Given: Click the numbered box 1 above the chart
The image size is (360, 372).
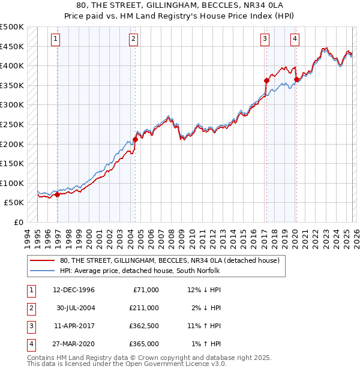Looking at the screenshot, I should pos(55,39).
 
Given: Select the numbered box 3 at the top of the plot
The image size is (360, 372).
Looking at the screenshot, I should pos(265,39).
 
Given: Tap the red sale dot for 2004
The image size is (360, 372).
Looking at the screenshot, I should pos(135,140).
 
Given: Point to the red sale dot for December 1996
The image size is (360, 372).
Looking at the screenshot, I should pos(57,194).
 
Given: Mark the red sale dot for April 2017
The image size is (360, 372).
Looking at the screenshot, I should pos(266,80).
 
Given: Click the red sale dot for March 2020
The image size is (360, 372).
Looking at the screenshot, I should pos(296,79).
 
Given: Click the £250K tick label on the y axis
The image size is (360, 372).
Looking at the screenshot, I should pos(12,124).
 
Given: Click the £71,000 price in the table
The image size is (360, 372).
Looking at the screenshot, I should pos(145,290).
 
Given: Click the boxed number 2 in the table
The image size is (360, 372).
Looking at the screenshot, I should pos(30,308).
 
